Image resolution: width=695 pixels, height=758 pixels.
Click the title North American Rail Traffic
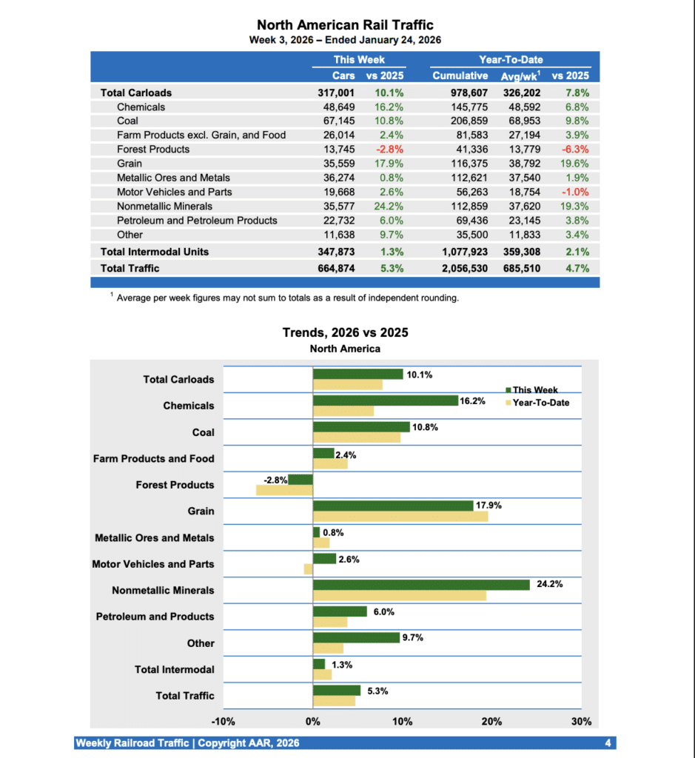click(345, 25)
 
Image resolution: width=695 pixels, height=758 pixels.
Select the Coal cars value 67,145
click(336, 121)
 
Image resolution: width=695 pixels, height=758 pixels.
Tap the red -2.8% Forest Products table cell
click(390, 150)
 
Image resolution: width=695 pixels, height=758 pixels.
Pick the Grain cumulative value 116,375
click(469, 164)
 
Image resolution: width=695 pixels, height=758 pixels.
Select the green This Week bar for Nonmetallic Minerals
click(421, 585)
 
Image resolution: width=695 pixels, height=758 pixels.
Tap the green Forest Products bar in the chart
click(301, 480)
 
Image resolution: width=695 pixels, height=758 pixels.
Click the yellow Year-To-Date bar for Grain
click(400, 517)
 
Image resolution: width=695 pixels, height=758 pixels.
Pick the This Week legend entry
click(535, 390)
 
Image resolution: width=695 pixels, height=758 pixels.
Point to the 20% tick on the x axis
click(491, 722)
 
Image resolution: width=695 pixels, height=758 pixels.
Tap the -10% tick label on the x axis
click(223, 722)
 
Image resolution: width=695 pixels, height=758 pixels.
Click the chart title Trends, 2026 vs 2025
click(345, 333)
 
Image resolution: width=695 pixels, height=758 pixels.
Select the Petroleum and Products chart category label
click(155, 617)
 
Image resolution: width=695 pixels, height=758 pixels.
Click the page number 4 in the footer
click(607, 743)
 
